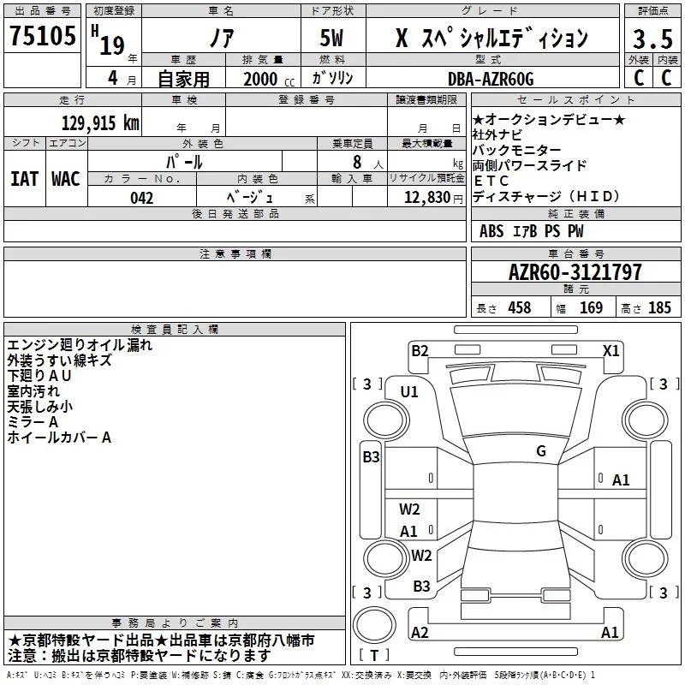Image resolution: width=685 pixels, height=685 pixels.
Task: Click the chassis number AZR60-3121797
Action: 575,272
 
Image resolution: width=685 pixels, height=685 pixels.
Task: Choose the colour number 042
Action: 142,198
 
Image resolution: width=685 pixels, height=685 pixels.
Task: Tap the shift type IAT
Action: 24,179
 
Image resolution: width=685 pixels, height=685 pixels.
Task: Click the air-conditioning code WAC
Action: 66,179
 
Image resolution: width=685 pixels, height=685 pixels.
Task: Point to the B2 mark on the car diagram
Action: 420,350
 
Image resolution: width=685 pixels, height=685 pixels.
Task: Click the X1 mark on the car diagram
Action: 611,350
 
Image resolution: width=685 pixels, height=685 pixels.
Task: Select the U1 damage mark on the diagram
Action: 409,392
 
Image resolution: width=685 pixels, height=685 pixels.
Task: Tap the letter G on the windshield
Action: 541,451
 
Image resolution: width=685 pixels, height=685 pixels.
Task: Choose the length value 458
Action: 519,308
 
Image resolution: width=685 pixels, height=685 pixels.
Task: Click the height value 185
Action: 659,308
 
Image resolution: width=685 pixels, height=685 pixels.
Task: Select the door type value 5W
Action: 333,38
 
